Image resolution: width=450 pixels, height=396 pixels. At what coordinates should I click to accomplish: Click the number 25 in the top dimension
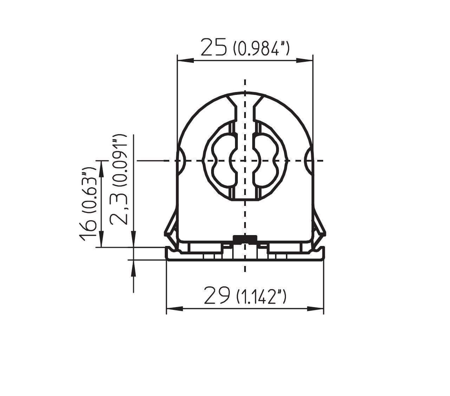[214, 47]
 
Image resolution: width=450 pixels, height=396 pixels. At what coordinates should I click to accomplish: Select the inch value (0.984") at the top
[261, 49]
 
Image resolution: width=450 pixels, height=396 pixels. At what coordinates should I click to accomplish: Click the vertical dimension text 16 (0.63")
[88, 204]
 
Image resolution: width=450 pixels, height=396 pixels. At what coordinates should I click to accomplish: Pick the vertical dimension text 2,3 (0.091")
[118, 180]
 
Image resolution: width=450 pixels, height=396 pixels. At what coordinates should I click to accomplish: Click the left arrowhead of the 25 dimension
[186, 60]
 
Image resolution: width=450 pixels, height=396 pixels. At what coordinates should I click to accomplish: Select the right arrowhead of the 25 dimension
[305, 60]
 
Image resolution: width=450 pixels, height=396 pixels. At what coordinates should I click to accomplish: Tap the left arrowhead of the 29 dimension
[175, 309]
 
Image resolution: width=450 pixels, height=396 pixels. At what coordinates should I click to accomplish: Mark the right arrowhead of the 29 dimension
[315, 309]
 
